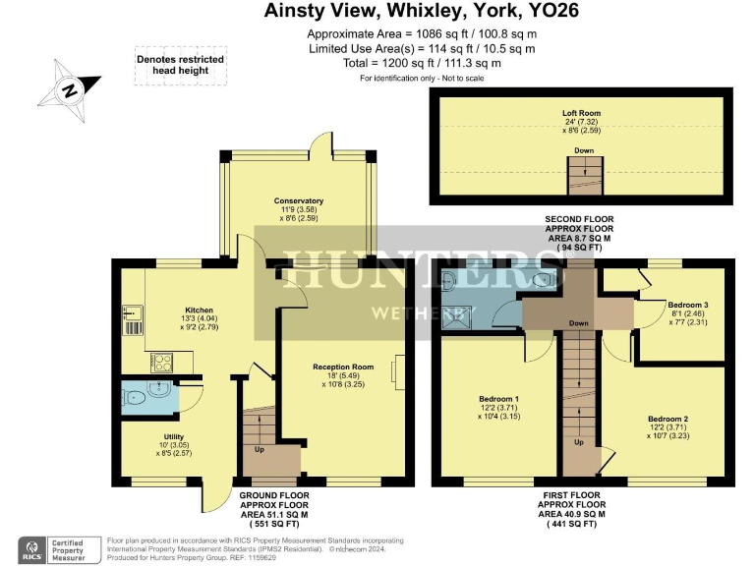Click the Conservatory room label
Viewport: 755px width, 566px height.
click(299, 200)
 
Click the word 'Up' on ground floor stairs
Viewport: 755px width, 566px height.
click(260, 450)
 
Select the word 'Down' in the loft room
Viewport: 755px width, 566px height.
click(584, 150)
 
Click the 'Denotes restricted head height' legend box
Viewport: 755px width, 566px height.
click(180, 65)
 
